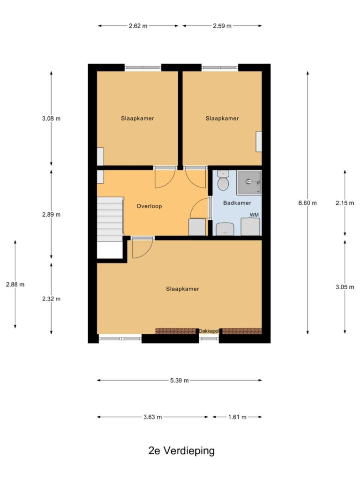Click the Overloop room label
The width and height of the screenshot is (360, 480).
tap(149, 206)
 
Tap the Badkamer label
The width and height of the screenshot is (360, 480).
tap(237, 203)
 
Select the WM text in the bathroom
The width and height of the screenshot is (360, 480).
tap(254, 215)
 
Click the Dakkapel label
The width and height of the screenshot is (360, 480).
tap(209, 331)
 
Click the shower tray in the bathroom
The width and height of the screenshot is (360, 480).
tap(249, 182)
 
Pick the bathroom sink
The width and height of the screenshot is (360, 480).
tap(225, 229)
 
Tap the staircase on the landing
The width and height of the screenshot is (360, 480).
tap(110, 219)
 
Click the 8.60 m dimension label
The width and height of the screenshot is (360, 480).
tap(307, 202)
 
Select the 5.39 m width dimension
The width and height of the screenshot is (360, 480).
tap(180, 381)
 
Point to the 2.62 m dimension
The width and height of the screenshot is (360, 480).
tap(138, 26)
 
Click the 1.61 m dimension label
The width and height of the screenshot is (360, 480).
tap(237, 417)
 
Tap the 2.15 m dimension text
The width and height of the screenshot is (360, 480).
tap(345, 203)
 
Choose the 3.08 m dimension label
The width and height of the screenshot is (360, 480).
tap(51, 119)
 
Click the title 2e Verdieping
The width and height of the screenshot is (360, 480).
tap(181, 450)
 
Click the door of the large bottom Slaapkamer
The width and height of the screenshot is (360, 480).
tap(143, 248)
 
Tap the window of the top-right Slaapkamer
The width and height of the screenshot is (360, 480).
tap(220, 67)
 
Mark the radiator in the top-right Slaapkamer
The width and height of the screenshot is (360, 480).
tap(259, 142)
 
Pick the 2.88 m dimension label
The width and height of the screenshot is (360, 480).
tap(15, 285)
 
